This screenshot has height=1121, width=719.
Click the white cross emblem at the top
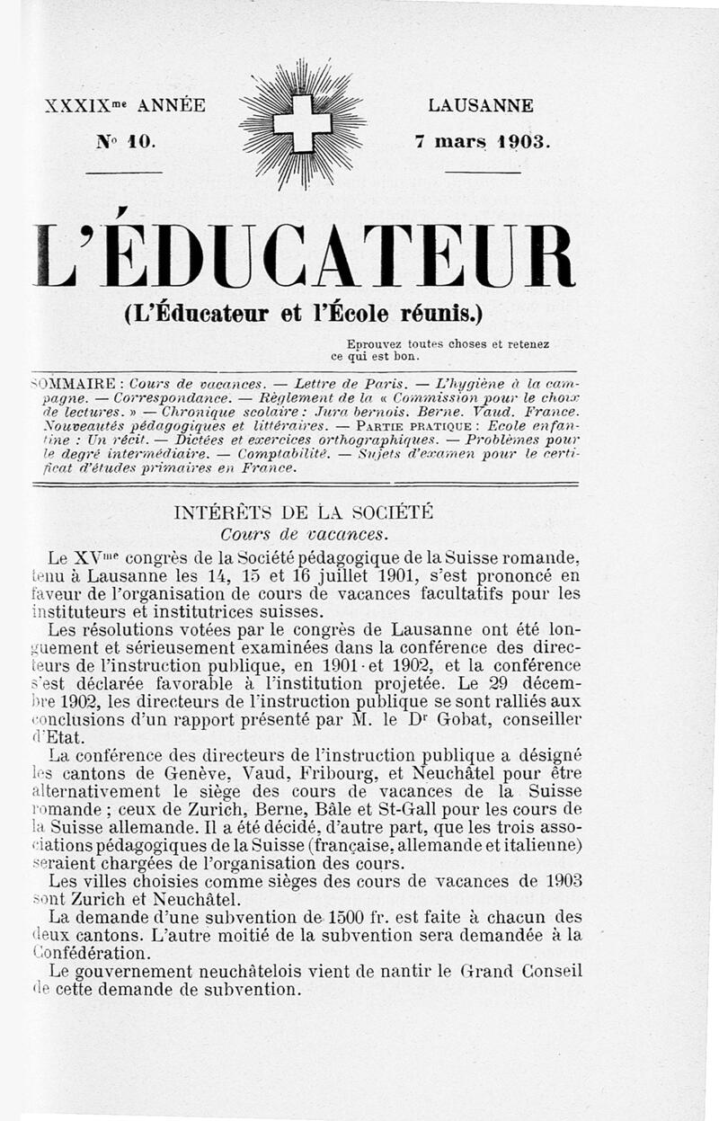point(302,124)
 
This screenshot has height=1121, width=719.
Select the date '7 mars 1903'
point(482,141)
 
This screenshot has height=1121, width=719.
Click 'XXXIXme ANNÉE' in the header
point(125,106)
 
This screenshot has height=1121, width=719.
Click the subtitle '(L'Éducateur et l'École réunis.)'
point(303,314)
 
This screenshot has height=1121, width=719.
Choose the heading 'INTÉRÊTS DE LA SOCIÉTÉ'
point(304,513)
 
